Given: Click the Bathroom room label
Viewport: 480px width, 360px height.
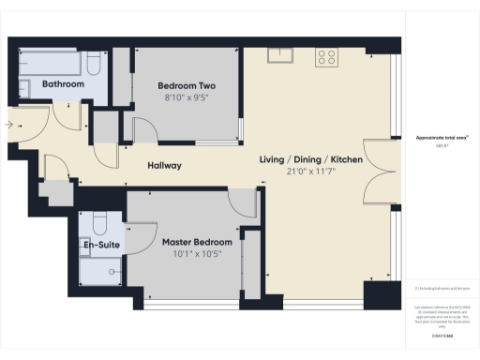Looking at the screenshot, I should [x=64, y=84].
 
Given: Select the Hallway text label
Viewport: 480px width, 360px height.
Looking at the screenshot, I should [x=164, y=166].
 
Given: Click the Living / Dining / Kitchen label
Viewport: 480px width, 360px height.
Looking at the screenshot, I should [x=311, y=160].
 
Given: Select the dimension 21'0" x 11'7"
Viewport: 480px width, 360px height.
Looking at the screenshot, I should [x=311, y=173].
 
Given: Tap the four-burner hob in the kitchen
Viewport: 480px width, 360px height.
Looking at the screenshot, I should [x=326, y=56].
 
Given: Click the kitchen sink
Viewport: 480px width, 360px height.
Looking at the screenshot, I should [x=278, y=54].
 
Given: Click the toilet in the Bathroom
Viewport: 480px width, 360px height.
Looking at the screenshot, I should [x=94, y=66].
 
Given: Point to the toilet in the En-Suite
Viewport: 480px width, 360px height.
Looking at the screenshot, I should [x=99, y=223].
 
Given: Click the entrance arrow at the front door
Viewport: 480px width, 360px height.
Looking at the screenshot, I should [x=9, y=124].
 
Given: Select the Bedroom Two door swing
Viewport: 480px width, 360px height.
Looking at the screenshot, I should [x=145, y=131].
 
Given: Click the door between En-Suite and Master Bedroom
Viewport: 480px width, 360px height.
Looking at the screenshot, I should [x=139, y=234].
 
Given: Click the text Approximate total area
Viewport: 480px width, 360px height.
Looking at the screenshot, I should [x=442, y=137].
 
